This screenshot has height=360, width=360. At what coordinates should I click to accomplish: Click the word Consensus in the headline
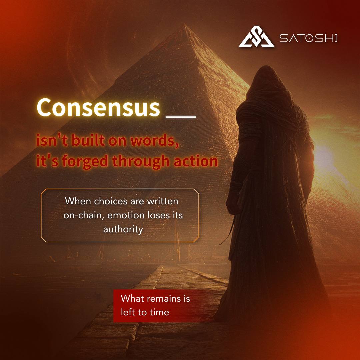98,107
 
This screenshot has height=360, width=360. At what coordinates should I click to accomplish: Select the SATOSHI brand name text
308,38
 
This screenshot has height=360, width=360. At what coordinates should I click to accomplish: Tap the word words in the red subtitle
154,141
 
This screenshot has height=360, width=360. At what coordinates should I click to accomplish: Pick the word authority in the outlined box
123,229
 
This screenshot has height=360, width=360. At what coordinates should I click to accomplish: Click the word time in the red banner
158,312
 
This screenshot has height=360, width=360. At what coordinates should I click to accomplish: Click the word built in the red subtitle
85,141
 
